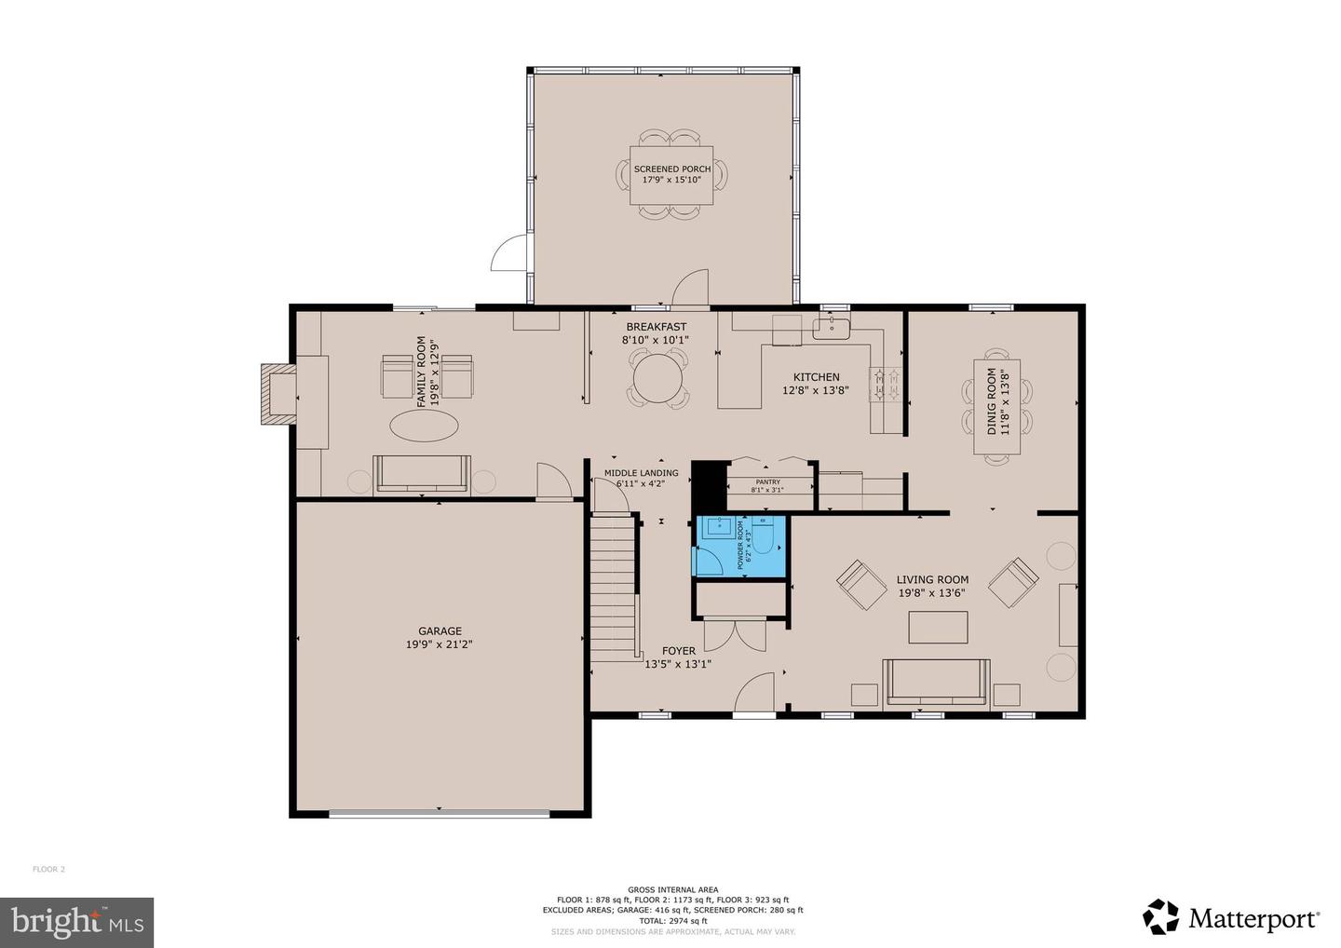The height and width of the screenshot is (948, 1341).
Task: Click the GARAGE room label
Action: pos(440,630)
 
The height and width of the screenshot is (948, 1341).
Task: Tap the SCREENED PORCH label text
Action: pos(671,169)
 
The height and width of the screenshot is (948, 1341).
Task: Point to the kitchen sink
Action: pos(830,327)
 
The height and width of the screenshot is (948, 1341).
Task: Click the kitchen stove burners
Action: pos(885,383)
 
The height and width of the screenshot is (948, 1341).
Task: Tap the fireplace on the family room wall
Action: pos(277,394)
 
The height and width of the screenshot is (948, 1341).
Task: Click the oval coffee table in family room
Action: pos(424,427)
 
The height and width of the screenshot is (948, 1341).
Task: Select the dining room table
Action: pos(996,407)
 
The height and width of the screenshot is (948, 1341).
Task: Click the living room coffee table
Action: pos(938,627)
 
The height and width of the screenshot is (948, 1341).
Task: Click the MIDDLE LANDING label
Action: pos(641,473)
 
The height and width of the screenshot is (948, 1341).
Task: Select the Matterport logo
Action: pos(1231,918)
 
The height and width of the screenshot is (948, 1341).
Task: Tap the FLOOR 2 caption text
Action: pos(49,870)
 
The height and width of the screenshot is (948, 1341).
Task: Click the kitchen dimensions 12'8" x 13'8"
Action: pos(816,390)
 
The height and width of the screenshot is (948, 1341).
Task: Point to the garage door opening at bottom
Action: pos(440,814)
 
